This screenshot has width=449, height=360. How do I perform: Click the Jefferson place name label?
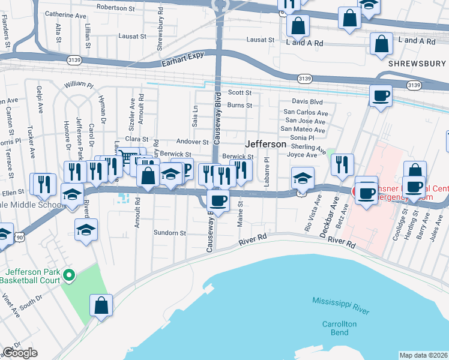265,145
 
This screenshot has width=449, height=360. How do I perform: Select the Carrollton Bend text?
339,328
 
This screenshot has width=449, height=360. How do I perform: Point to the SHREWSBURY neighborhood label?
417,63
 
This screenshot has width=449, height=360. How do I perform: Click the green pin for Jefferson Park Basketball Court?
69,275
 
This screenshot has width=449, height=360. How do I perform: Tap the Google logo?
20,353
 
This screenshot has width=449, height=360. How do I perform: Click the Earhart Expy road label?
182,62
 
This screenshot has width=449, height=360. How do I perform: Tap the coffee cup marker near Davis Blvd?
381,97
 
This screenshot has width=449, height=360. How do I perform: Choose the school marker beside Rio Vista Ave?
303,178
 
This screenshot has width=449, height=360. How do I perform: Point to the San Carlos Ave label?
306,112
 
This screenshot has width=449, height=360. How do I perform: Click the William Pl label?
79,85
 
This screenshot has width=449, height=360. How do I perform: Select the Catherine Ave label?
66,14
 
